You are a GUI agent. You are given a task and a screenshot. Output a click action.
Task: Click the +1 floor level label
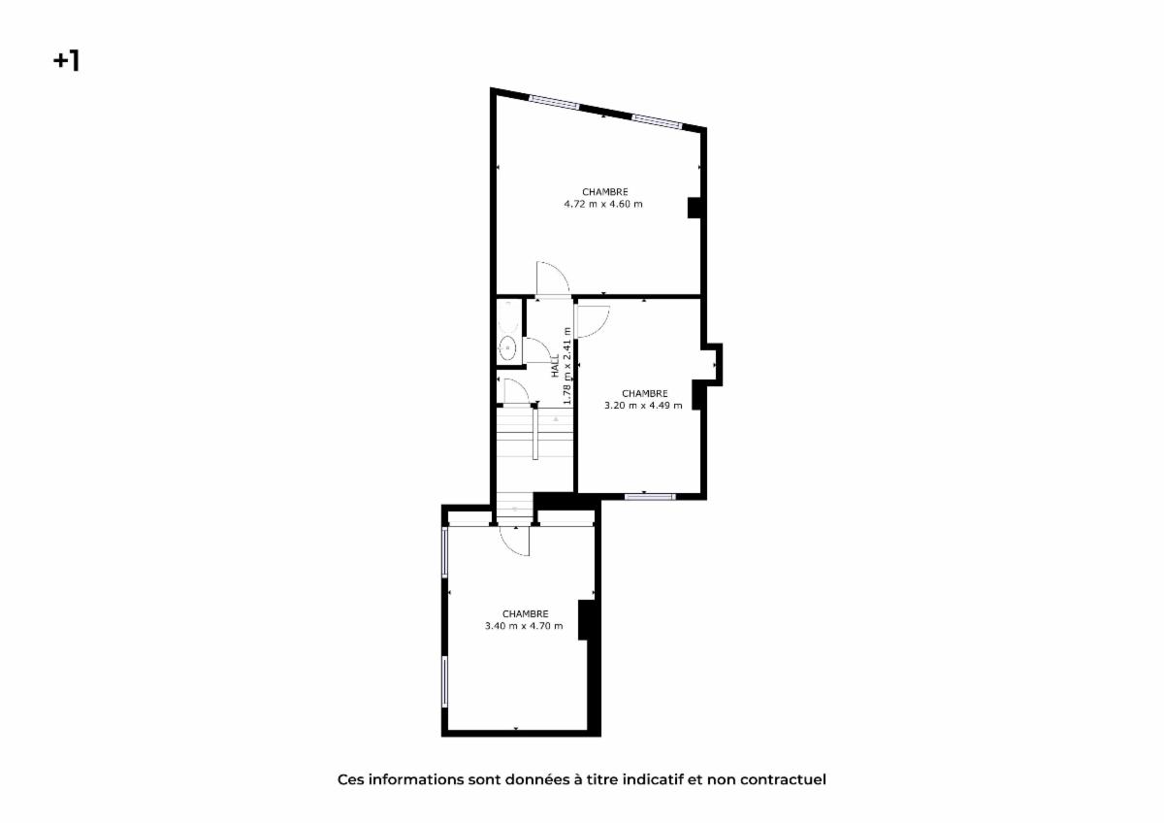point(67,61)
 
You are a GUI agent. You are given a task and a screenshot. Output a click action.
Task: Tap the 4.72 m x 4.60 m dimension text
point(603,205)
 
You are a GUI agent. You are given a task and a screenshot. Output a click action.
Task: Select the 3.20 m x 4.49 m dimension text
point(643,406)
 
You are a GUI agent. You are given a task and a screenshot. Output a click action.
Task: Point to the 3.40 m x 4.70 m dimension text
point(524,626)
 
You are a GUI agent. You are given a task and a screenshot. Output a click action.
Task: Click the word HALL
point(556,366)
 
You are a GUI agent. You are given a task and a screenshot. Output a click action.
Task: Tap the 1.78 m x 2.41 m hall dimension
point(567,366)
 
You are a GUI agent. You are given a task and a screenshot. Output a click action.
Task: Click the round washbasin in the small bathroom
point(507,347)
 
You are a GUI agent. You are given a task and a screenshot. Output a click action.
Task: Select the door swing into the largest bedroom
point(553,280)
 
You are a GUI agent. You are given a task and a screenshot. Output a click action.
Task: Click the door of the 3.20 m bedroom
point(593,321)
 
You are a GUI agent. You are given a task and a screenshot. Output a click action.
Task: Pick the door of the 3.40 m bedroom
point(514,541)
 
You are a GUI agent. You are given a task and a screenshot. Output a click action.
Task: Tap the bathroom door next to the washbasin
point(536,350)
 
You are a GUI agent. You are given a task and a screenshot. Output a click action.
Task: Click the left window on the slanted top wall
point(554,103)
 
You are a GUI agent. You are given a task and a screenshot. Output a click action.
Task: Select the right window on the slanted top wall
point(657,121)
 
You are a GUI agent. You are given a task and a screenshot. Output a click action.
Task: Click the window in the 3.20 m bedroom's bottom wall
point(650,497)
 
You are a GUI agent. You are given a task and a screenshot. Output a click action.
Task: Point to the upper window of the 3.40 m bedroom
point(445,552)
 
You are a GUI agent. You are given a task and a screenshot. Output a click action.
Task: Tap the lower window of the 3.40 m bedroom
point(445,681)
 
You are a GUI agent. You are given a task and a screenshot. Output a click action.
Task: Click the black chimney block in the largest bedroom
point(694,208)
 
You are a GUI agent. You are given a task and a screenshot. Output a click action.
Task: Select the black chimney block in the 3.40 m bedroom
point(586,620)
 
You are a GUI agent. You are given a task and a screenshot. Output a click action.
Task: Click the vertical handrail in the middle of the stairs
point(535,433)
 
